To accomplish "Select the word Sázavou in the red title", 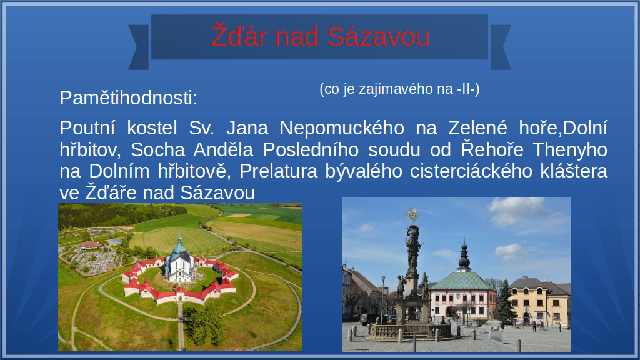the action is point(378,37).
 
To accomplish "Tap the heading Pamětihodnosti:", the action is point(129,98).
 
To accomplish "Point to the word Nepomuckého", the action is point(342,127).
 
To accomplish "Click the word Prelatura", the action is point(278,171).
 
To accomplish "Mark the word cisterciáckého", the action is point(471,171).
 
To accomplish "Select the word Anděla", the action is point(223,149).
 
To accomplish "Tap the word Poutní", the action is point(87,127).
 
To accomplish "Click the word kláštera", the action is point(574,171).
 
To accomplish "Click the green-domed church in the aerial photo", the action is point(179,261).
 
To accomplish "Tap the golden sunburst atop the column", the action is point(412,215).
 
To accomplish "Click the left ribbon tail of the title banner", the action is point(139,47).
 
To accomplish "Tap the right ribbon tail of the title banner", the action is point(501,47).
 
